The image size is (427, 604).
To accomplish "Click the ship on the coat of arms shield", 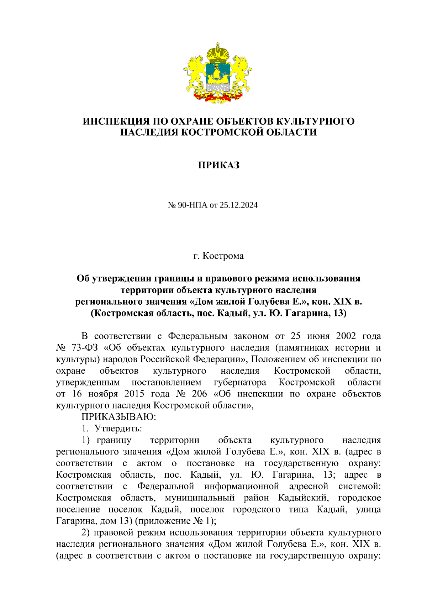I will pos(217,74).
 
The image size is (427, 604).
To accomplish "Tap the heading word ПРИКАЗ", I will pos(218,165).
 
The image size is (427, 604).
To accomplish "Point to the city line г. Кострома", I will pos(218,256).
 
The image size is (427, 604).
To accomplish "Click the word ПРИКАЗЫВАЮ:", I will pos(119,416).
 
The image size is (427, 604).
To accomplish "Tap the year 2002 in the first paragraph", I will pos(346,336).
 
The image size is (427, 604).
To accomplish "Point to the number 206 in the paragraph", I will pos(199,394).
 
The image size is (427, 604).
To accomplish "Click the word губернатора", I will pos(240,382).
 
